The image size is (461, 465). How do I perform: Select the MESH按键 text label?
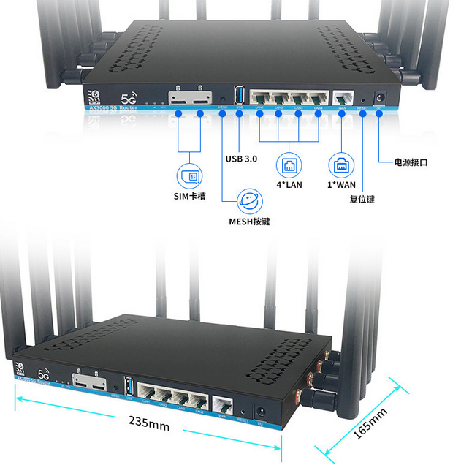click(x=250, y=220)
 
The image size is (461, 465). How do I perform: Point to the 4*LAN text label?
click(x=289, y=184)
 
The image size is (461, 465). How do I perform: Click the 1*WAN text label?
click(x=341, y=184)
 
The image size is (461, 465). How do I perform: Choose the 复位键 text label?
click(x=362, y=198)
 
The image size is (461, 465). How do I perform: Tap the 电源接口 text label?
click(x=412, y=162)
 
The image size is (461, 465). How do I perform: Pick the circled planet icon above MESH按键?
click(x=250, y=198)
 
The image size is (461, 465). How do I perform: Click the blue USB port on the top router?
click(x=240, y=96)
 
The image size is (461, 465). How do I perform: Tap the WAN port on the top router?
click(x=342, y=99)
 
